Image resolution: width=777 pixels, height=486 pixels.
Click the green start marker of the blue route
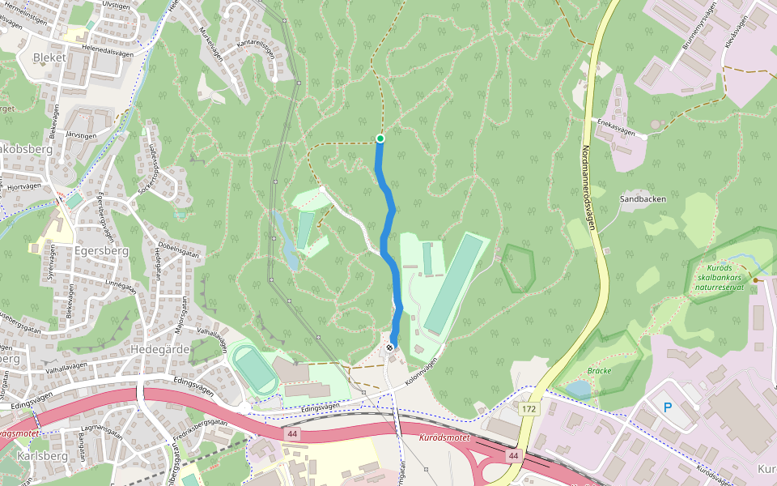tap(380, 139)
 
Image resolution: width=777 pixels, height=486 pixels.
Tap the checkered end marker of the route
tap(391, 347)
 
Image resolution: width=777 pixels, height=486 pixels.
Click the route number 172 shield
tap(529, 410)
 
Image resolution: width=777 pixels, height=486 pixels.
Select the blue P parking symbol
tap(668, 407)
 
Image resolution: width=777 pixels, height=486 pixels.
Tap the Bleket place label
tap(49, 58)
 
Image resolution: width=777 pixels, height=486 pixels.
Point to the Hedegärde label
tap(160, 349)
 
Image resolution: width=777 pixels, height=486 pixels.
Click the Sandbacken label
tap(642, 198)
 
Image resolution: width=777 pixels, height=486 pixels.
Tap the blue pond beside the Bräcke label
tap(578, 390)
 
